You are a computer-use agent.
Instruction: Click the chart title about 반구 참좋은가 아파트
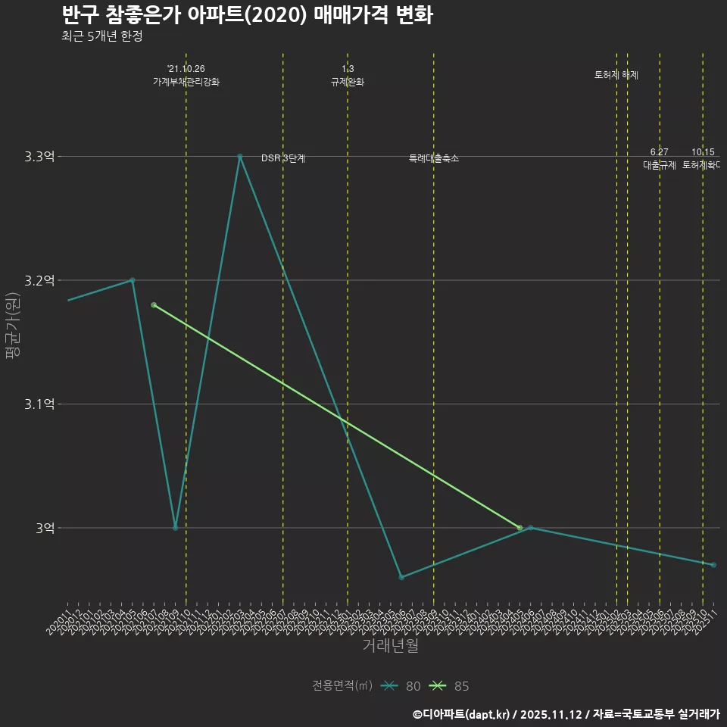(247, 15)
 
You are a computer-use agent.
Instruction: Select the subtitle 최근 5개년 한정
(101, 36)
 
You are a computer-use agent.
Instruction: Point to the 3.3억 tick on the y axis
(39, 157)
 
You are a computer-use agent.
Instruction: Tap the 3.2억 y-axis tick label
(39, 280)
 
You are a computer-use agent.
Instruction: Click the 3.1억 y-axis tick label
(39, 404)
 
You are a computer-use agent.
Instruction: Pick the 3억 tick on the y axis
(45, 528)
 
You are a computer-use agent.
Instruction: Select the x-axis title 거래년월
(390, 646)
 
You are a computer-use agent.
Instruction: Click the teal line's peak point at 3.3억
(240, 157)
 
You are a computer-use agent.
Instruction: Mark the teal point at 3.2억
(132, 280)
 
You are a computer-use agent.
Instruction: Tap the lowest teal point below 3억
(401, 577)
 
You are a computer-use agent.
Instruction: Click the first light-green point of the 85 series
(154, 305)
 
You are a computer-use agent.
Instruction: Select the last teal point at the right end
(713, 565)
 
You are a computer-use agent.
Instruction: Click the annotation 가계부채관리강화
(186, 82)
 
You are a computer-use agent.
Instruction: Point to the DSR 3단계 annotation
(283, 158)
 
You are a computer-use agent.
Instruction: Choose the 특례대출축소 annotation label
(434, 158)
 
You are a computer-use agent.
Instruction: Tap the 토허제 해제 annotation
(616, 75)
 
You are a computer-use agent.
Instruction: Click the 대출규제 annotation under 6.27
(660, 164)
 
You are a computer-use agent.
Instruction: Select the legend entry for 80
(401, 686)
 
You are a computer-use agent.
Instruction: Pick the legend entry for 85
(449, 686)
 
